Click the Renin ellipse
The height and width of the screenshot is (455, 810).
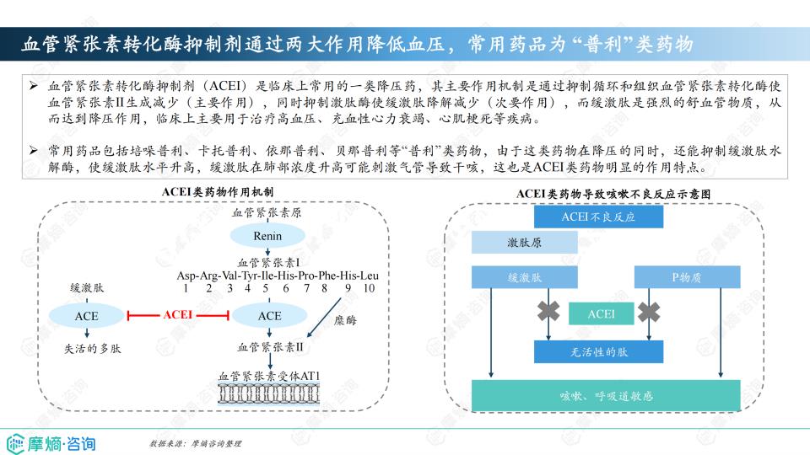tap(267, 236)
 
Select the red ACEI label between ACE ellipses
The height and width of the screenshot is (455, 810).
tap(178, 314)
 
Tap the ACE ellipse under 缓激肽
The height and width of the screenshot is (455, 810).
tap(86, 316)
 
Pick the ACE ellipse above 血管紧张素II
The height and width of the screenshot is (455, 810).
tap(270, 316)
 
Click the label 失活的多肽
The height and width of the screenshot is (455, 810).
tap(93, 349)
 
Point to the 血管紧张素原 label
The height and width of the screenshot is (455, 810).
tap(267, 212)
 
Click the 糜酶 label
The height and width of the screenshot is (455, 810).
tap(345, 320)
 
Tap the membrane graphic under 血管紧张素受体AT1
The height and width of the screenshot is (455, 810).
tap(268, 394)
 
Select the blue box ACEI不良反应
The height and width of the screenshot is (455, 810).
tap(598, 217)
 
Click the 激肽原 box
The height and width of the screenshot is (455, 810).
tap(524, 243)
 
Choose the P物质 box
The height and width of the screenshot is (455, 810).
tap(687, 277)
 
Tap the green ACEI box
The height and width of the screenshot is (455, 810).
tap(602, 313)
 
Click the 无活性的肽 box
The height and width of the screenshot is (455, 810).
tap(598, 352)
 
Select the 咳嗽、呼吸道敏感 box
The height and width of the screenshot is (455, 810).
tap(606, 396)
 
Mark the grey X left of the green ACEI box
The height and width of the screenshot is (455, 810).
tap(548, 312)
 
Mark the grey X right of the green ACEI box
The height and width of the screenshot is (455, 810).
tap(649, 312)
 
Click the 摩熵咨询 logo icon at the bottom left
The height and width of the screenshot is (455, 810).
tap(15, 444)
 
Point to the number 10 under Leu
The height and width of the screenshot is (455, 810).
tap(369, 288)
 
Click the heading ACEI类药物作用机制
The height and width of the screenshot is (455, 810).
tap(218, 192)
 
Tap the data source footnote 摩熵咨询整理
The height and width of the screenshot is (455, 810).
tap(195, 443)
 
